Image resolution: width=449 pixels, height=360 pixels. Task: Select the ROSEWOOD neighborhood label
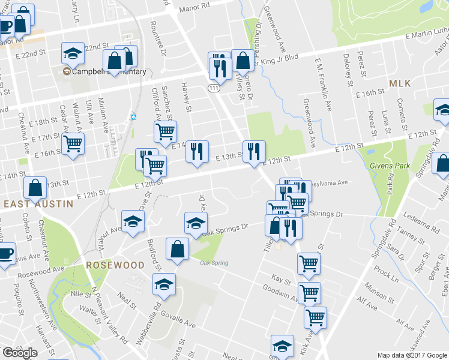(x=115, y=265)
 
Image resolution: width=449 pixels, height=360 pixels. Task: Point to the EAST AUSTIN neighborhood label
(x=38, y=204)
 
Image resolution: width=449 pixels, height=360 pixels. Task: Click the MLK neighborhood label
(x=400, y=84)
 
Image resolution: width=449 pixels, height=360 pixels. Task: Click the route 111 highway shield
(x=214, y=88)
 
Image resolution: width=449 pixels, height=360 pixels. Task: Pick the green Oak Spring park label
(x=214, y=263)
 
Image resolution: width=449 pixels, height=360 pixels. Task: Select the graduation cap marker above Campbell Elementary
(x=73, y=55)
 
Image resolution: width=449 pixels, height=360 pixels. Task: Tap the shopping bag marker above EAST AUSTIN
(x=35, y=187)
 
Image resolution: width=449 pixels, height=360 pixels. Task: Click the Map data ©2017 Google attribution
(x=412, y=355)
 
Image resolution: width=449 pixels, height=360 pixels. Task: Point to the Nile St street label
(x=79, y=294)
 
